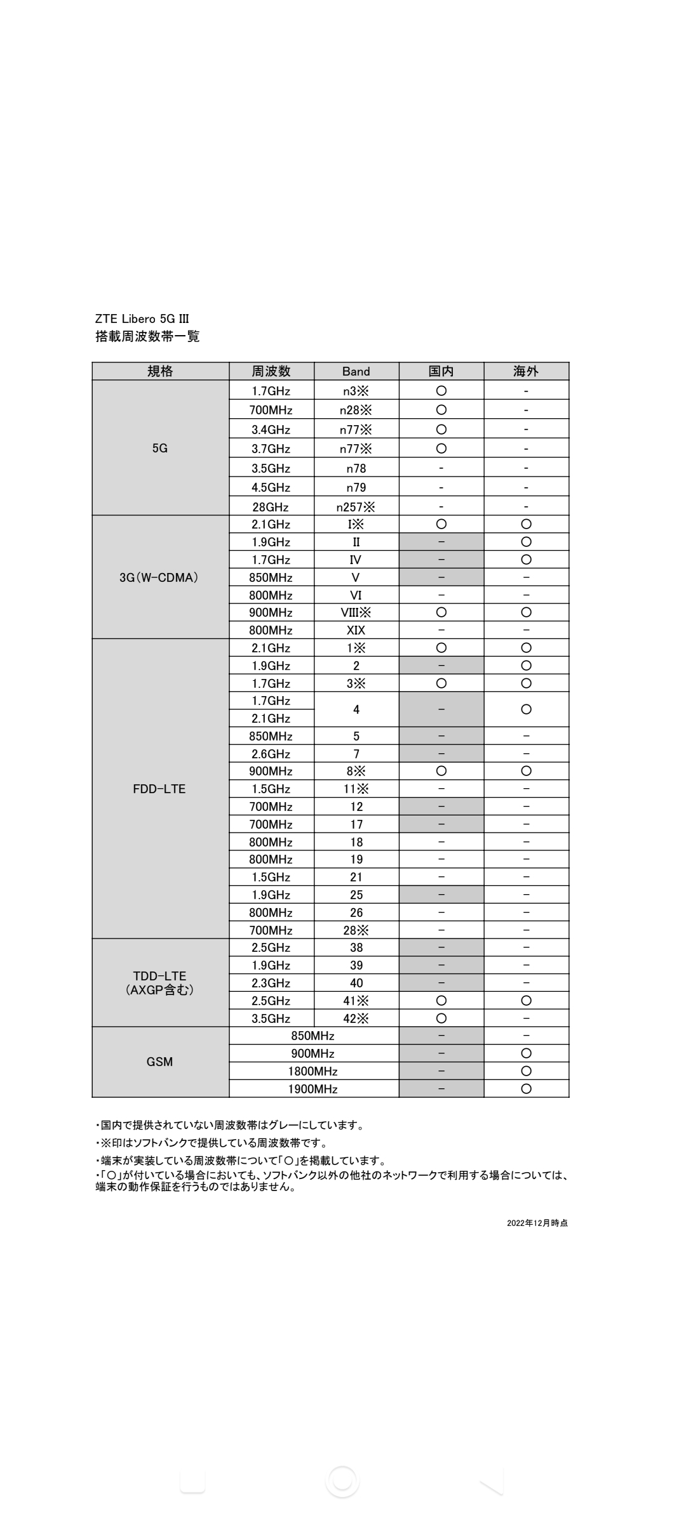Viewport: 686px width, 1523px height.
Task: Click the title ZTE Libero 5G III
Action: [x=142, y=319]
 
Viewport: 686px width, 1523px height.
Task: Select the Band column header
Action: [x=356, y=371]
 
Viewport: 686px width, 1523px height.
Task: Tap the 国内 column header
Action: [x=441, y=371]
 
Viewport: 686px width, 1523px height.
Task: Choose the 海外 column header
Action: [x=526, y=371]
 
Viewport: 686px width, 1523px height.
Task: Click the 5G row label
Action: [x=160, y=448]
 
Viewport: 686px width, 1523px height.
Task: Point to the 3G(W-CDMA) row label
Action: [x=159, y=577]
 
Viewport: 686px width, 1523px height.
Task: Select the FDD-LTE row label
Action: [x=159, y=789]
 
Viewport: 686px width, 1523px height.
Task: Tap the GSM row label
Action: [x=159, y=1062]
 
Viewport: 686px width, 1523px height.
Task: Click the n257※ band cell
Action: [x=356, y=507]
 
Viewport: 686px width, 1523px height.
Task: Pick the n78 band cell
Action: [x=356, y=468]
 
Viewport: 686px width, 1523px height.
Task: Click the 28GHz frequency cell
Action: [x=271, y=507]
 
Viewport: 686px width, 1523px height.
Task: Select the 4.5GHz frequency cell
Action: [x=271, y=487]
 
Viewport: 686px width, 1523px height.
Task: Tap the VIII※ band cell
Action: [x=356, y=612]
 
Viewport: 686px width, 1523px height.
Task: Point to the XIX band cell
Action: [x=356, y=630]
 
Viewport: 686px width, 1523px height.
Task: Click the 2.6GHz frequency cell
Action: [x=271, y=754]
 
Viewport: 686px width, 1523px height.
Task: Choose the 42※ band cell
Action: [x=356, y=1019]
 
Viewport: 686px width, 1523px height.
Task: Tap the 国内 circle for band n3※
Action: [x=441, y=391]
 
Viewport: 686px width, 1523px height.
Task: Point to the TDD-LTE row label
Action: [x=159, y=983]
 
